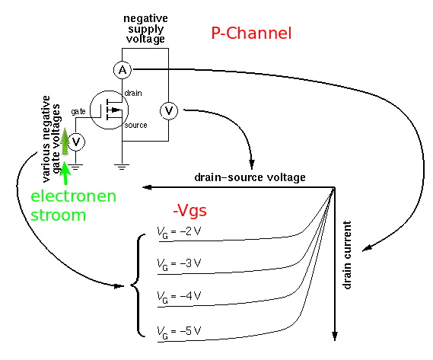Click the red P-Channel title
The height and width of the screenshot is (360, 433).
(251, 33)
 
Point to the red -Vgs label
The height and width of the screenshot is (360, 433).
(189, 211)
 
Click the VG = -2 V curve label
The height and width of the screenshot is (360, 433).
(179, 232)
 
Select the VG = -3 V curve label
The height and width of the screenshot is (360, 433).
(179, 264)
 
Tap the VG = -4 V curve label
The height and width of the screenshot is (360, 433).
(179, 297)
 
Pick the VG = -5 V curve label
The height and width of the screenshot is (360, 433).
(179, 332)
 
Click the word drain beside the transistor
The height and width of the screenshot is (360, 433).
(133, 93)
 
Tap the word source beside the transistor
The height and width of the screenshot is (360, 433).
(135, 126)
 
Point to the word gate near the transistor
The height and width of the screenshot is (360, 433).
(78, 111)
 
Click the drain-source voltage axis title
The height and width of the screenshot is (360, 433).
(250, 177)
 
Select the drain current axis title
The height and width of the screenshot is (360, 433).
(347, 255)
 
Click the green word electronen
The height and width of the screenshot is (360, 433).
(74, 196)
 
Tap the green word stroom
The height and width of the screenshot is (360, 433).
(59, 215)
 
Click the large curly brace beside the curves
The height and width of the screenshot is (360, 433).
(138, 285)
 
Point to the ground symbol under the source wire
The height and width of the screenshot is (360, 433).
(122, 167)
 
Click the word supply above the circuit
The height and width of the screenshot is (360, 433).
(146, 29)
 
